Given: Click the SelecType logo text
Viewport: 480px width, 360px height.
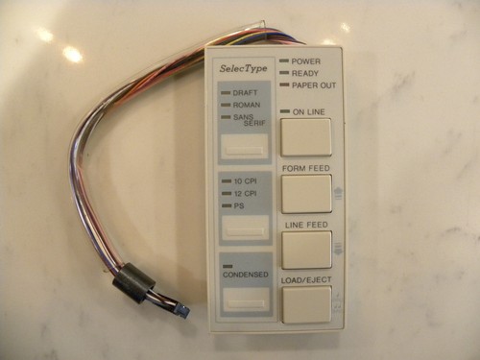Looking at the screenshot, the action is coord(243,68).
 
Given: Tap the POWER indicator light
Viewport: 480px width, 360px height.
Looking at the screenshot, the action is coord(284,60).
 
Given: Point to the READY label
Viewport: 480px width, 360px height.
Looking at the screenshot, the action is coord(305,74).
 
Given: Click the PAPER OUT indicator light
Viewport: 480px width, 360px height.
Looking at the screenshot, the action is coord(284,84).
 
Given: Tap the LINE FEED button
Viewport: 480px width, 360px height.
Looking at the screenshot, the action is coord(307,251).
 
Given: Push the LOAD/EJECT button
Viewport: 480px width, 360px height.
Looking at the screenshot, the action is coord(306,304).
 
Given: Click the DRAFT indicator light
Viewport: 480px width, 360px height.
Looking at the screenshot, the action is coord(226,93).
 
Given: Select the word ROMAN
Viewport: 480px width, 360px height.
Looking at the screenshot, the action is coord(247,105).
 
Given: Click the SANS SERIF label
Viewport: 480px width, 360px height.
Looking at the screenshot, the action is coord(250,120).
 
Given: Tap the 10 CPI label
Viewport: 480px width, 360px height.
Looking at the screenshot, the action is coord(246,181).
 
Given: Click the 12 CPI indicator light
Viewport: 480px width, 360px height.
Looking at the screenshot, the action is coord(227,194).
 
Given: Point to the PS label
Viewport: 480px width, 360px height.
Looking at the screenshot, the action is coord(239,205).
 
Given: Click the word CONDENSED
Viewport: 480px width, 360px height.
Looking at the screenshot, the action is coord(246,275).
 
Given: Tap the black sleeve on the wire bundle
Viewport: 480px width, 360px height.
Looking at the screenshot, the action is coord(133,281).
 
